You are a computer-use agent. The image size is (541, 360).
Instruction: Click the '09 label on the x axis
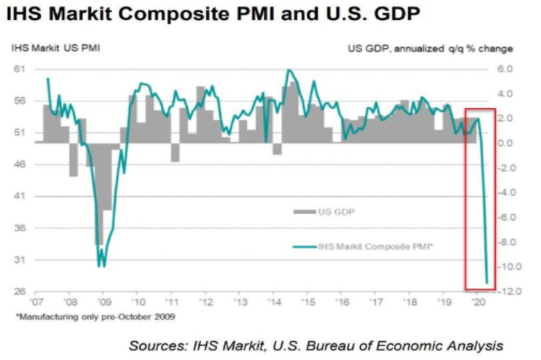[103, 302]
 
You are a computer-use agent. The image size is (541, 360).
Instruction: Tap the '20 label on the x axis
[477, 302]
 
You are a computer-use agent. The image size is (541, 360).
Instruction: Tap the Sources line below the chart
[315, 345]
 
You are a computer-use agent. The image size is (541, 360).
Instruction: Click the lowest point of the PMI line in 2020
[486, 282]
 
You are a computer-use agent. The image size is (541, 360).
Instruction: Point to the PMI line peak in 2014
[288, 70]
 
